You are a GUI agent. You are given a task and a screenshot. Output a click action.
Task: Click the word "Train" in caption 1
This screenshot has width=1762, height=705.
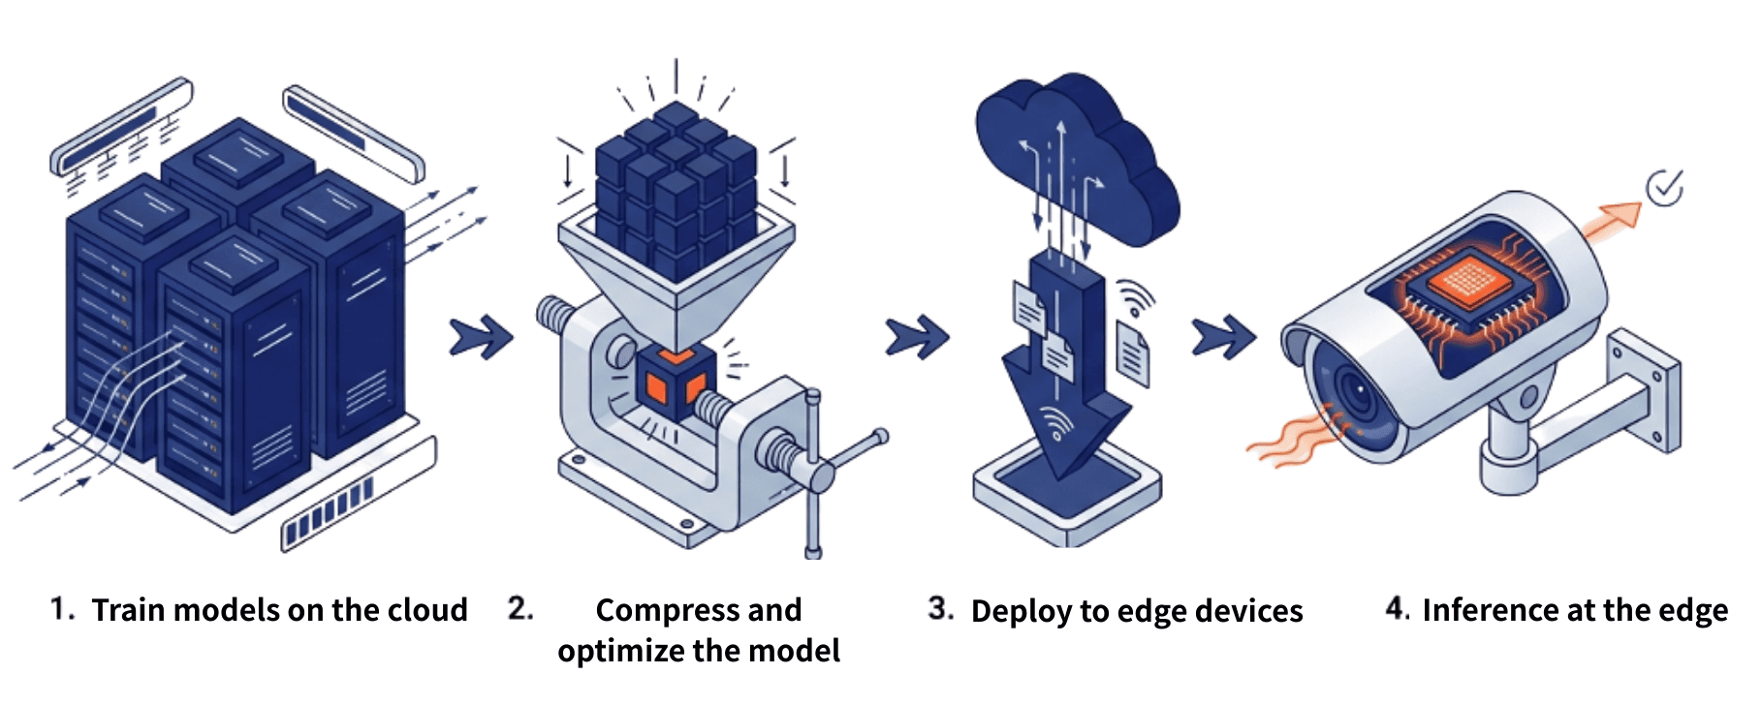coord(128,610)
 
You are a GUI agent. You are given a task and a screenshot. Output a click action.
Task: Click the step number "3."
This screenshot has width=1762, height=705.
coord(940,608)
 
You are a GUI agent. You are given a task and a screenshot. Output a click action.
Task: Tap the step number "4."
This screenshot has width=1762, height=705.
coord(1398,608)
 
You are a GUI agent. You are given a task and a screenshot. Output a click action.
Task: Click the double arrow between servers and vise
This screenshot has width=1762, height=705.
coord(481,337)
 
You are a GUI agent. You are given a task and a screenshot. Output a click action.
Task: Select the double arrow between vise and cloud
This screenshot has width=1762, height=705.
coord(917,337)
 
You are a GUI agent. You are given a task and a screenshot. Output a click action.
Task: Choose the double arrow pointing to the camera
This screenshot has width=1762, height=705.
coord(1223,337)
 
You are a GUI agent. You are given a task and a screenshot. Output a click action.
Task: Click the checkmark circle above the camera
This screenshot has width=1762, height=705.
coord(1665,187)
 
